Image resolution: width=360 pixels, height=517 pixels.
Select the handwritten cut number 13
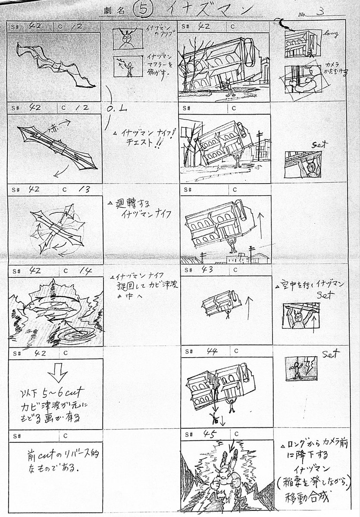pos(81,188)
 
